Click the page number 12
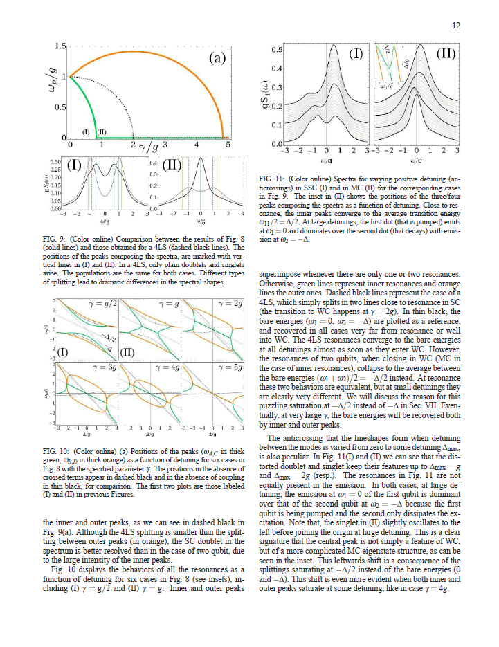click(x=456, y=26)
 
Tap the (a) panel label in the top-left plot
click(x=218, y=59)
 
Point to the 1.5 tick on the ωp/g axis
click(x=60, y=46)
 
